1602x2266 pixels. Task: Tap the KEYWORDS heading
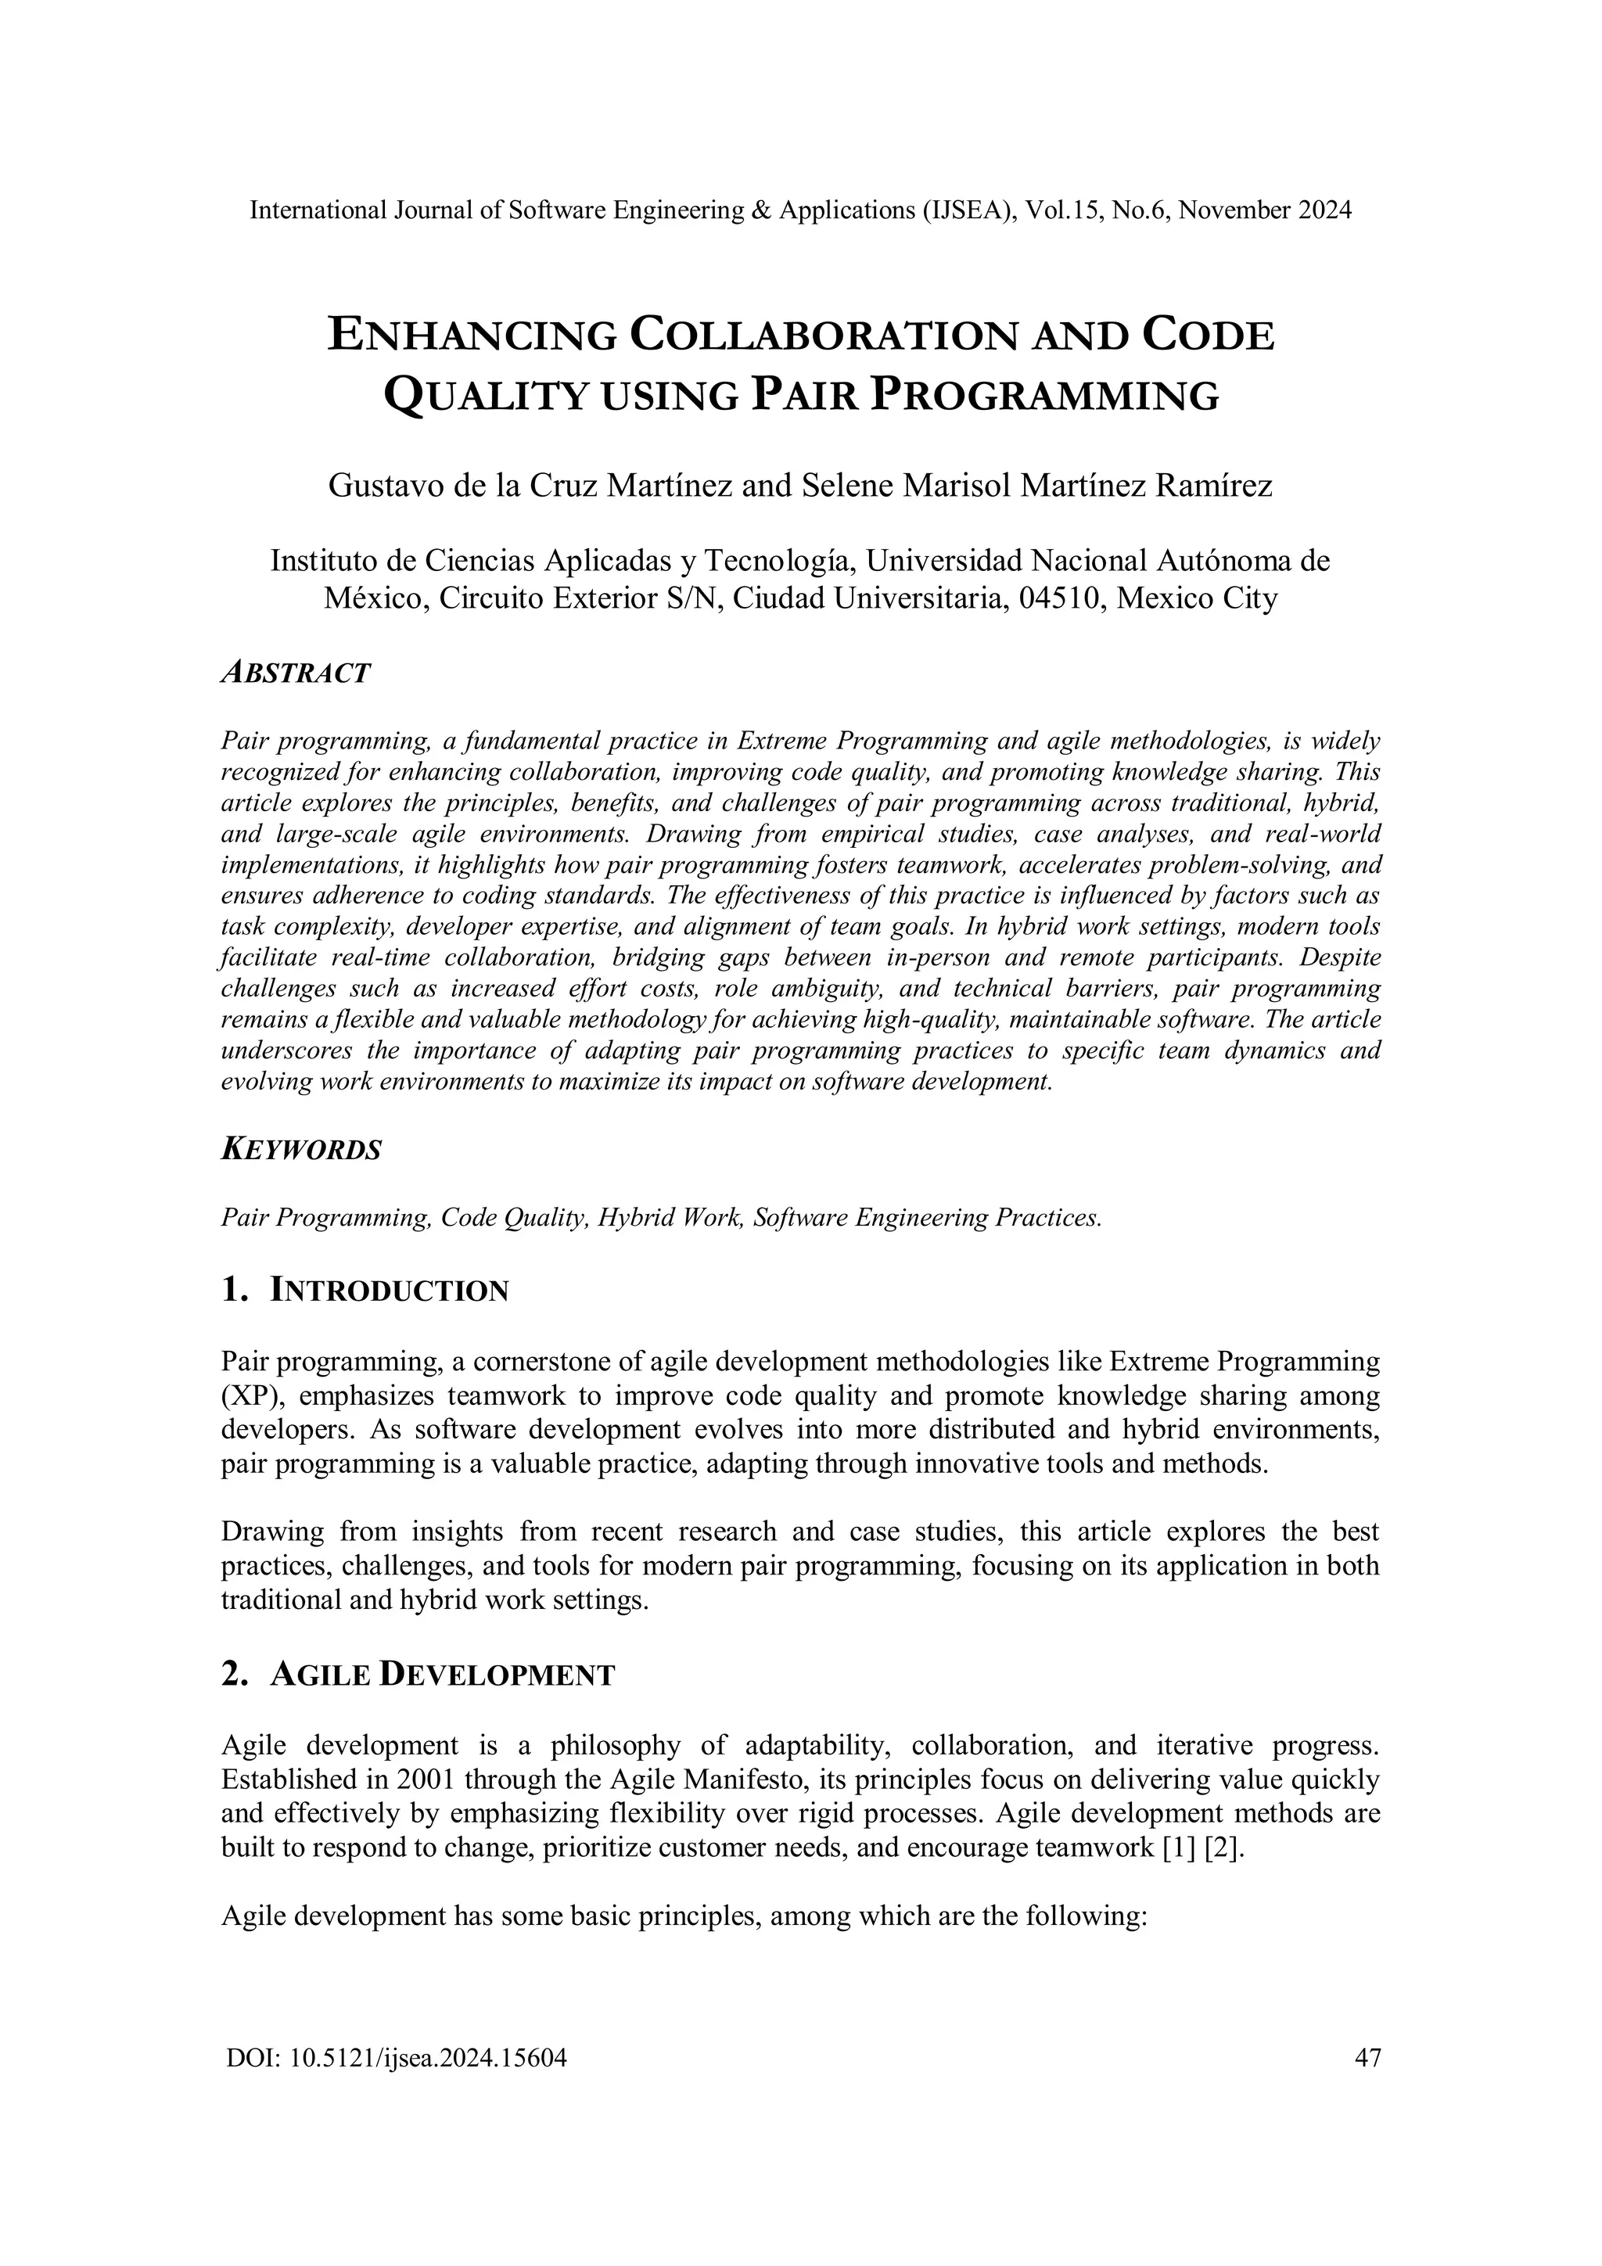[301, 1150]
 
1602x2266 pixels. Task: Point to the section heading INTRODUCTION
[389, 1290]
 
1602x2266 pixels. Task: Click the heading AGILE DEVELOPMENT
[441, 1675]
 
